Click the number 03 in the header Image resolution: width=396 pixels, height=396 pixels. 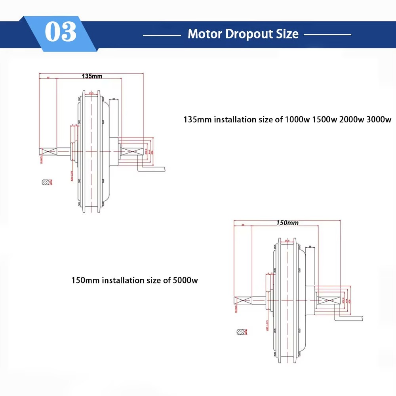[x=60, y=33]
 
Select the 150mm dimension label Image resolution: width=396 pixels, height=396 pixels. [x=287, y=223]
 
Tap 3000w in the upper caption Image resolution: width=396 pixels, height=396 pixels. [x=379, y=120]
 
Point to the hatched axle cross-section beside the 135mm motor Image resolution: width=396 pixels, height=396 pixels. [x=46, y=182]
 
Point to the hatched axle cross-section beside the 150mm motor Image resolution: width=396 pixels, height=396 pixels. [x=241, y=331]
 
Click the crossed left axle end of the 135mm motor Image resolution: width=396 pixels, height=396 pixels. [x=48, y=151]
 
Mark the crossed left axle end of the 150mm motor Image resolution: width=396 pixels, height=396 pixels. [x=243, y=300]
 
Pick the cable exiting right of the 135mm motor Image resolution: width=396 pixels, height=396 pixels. [x=152, y=169]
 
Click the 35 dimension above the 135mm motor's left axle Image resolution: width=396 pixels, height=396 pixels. [x=48, y=78]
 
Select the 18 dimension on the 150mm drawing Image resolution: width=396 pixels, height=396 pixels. [x=310, y=247]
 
